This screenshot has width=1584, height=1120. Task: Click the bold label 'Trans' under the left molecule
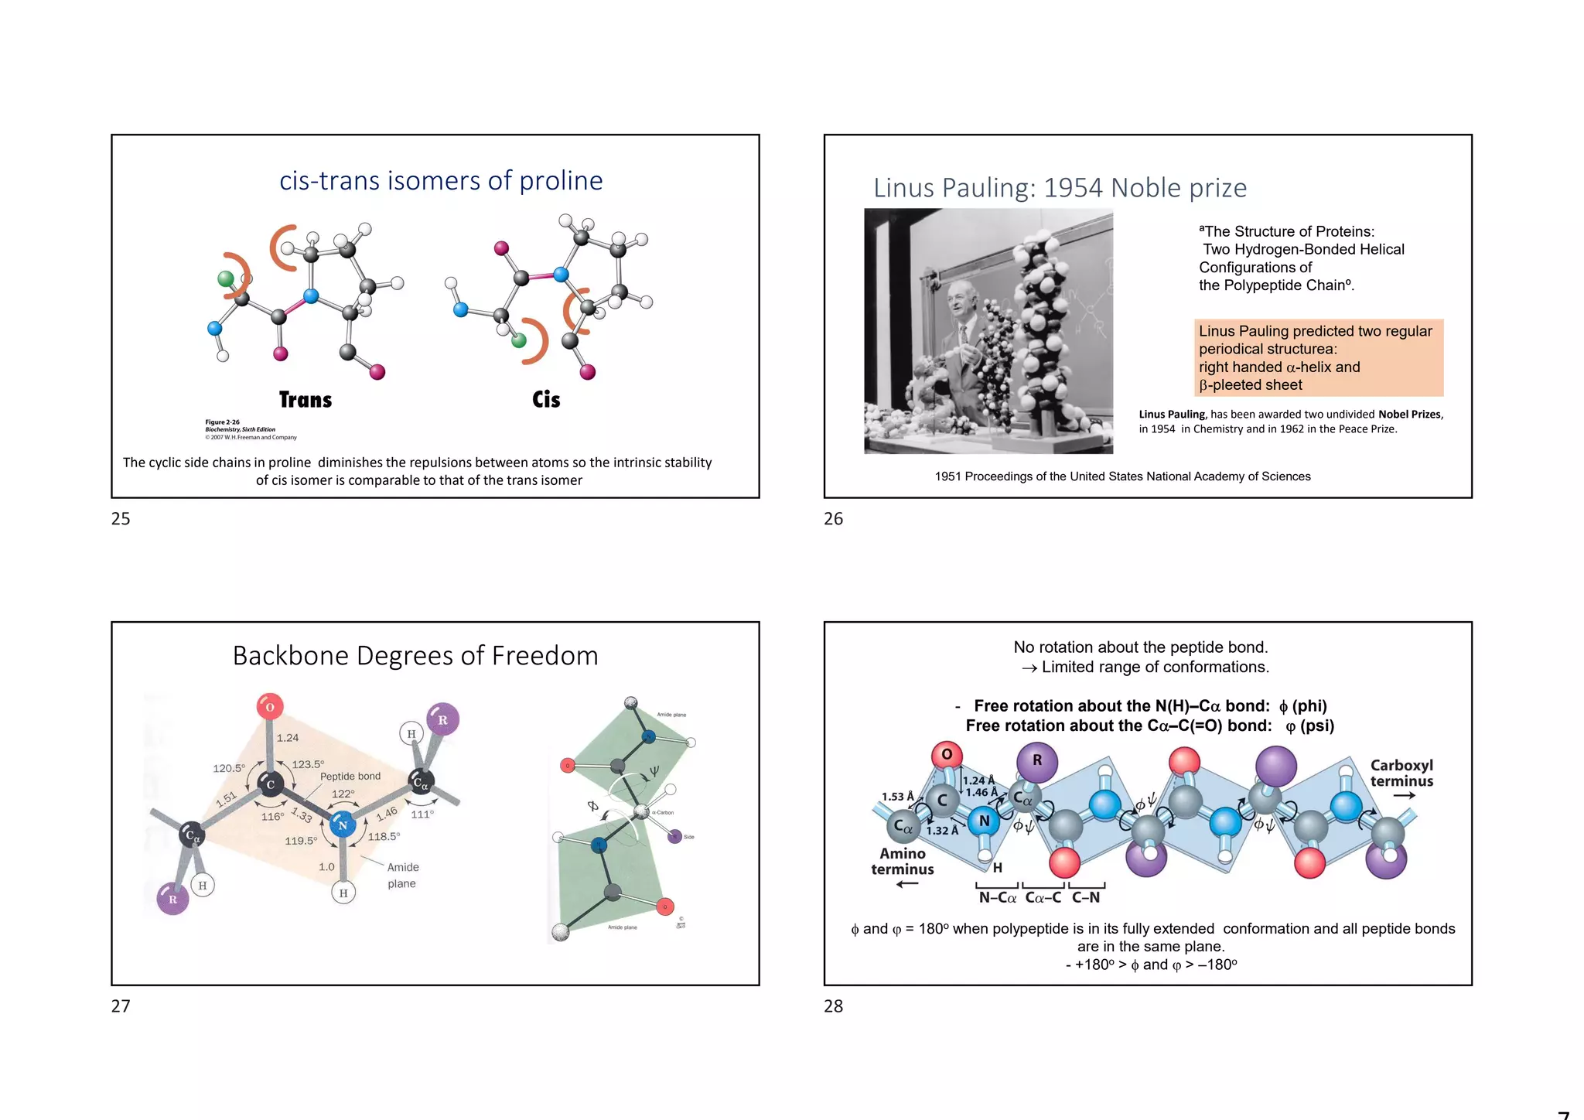point(306,400)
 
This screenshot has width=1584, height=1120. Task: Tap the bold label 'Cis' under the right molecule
point(546,400)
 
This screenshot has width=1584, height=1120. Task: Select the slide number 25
point(121,519)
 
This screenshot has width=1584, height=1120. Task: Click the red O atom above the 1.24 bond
point(270,706)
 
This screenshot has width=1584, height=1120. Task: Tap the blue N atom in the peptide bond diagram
point(343,825)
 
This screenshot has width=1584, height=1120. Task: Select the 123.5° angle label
point(307,764)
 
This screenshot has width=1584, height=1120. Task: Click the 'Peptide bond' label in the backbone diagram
point(350,777)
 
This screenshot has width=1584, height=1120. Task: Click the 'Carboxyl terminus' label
point(1401,773)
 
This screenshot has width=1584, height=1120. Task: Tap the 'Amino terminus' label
point(903,861)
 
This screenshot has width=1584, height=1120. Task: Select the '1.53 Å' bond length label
point(898,797)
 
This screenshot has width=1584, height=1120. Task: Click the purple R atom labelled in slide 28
point(1037,760)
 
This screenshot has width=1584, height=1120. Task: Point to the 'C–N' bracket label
point(1086,897)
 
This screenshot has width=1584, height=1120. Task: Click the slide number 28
point(834,1006)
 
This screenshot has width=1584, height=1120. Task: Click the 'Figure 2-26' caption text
point(223,422)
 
